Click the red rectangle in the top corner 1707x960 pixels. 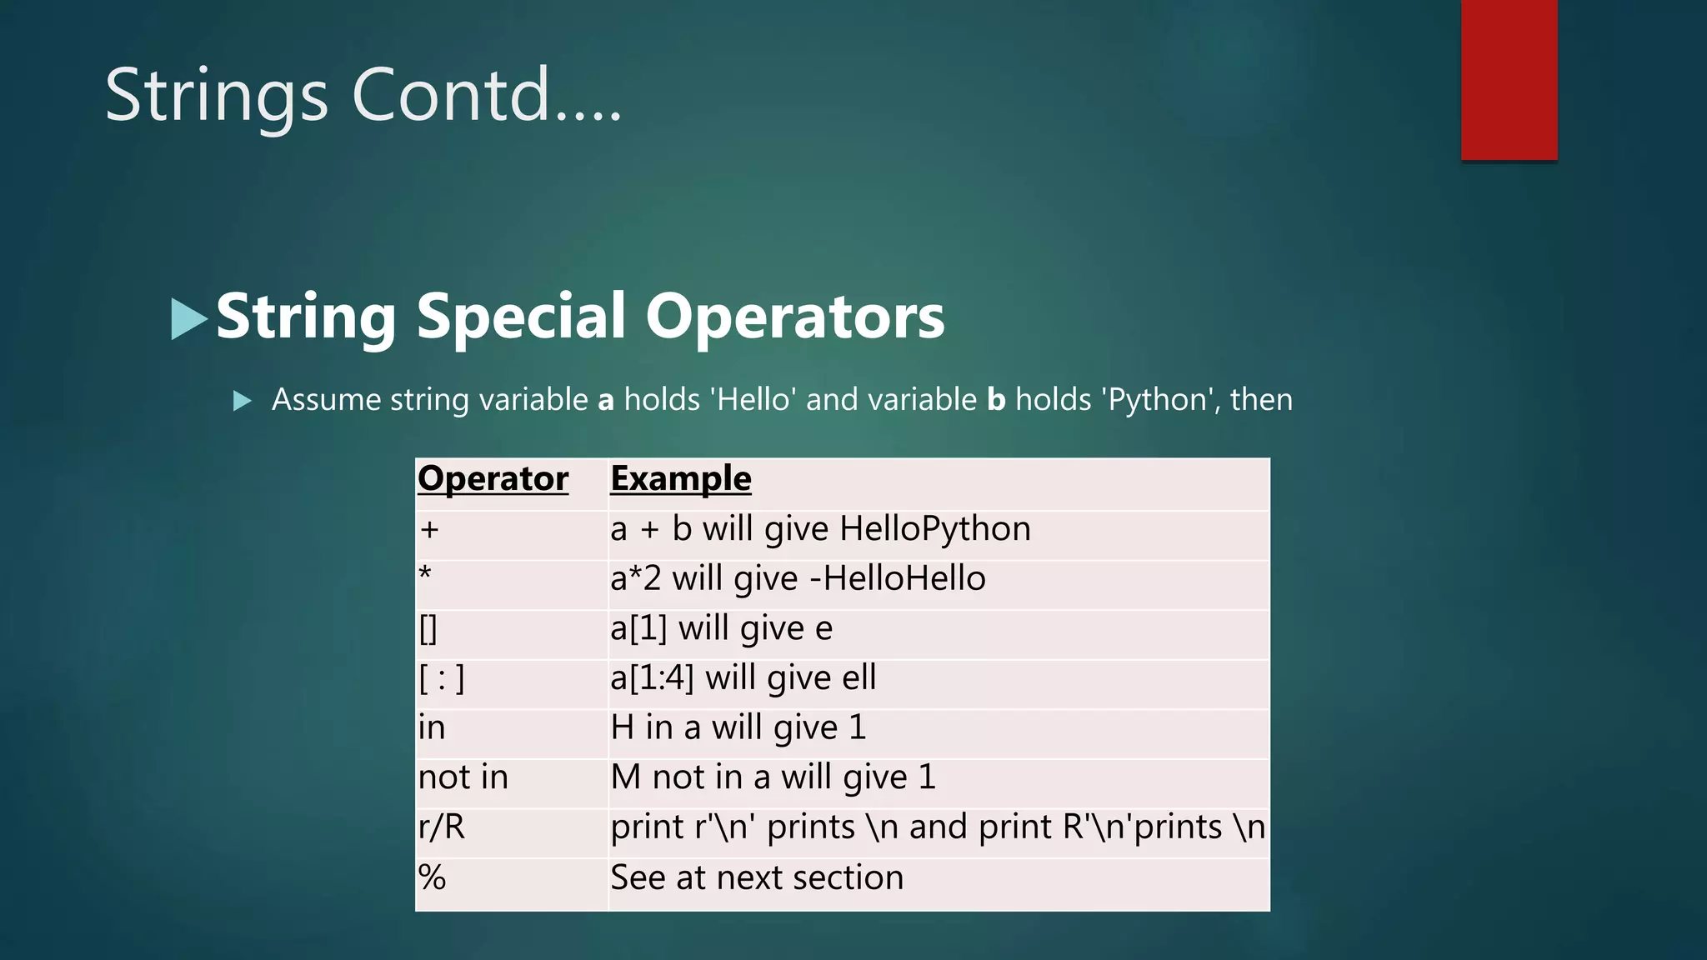click(x=1509, y=79)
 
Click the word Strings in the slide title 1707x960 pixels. click(x=216, y=96)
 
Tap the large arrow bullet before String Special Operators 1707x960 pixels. click(x=188, y=318)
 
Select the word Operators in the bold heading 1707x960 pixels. click(x=795, y=317)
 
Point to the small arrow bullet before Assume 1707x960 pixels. click(x=242, y=401)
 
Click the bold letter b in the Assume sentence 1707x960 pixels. click(x=996, y=400)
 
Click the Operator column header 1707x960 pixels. click(x=493, y=479)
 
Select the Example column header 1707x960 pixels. click(x=680, y=479)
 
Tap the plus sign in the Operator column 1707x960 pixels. click(x=429, y=530)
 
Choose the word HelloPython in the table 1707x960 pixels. click(x=934, y=529)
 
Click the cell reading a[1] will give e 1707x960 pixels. click(x=721, y=628)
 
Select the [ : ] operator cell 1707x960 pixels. click(x=442, y=678)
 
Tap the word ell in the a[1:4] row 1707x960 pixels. click(x=859, y=677)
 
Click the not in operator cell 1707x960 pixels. click(x=463, y=777)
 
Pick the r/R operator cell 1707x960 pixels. click(x=442, y=827)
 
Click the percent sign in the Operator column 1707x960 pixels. click(x=432, y=877)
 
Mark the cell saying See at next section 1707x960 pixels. click(x=756, y=877)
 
